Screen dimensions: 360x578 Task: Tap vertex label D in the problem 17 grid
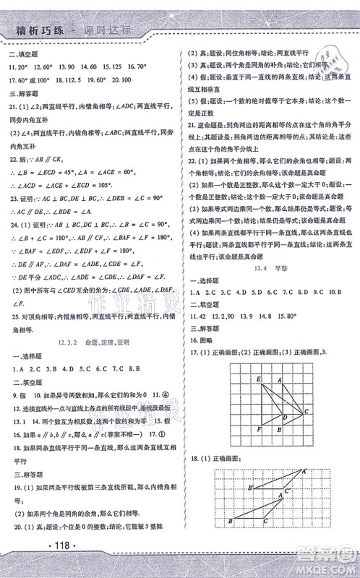coord(284,417)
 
